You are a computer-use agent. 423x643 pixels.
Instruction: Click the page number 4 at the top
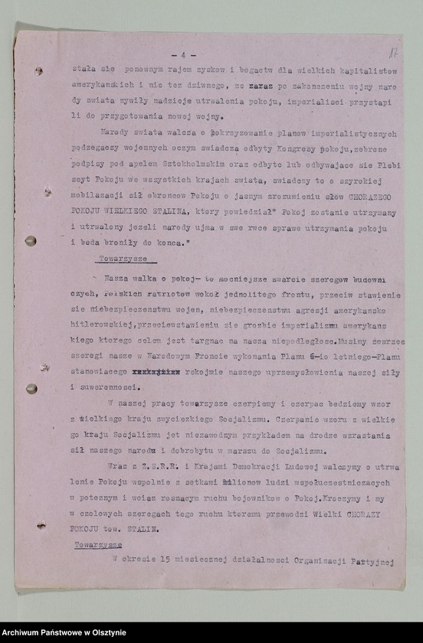coord(184,55)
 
